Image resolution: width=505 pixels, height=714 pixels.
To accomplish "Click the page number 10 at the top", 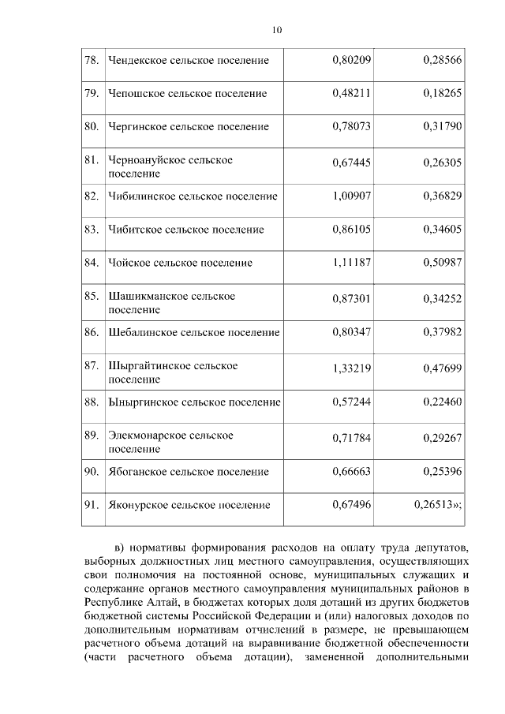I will click(x=276, y=30).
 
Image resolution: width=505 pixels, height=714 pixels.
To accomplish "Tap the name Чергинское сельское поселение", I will click(x=189, y=126).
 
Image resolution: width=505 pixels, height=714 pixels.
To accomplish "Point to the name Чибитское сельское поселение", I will click(x=185, y=230).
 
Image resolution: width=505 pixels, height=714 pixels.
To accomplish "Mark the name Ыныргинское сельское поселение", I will click(x=194, y=402).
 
